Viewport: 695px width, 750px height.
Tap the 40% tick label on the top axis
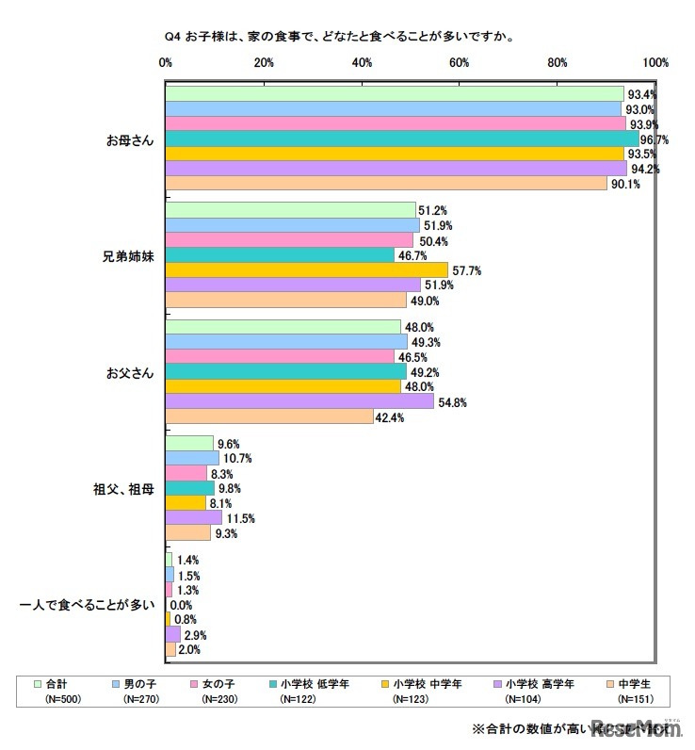click(362, 63)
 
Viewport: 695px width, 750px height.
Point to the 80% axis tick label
click(558, 63)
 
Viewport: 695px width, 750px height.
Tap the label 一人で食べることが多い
click(89, 604)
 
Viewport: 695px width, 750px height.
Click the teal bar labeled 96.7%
click(401, 139)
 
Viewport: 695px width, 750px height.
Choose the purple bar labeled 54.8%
click(299, 401)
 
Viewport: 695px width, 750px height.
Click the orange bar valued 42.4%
click(269, 416)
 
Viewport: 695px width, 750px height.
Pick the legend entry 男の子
click(142, 684)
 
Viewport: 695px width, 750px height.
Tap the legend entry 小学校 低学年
click(324, 684)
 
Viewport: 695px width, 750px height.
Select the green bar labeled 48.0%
click(283, 327)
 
